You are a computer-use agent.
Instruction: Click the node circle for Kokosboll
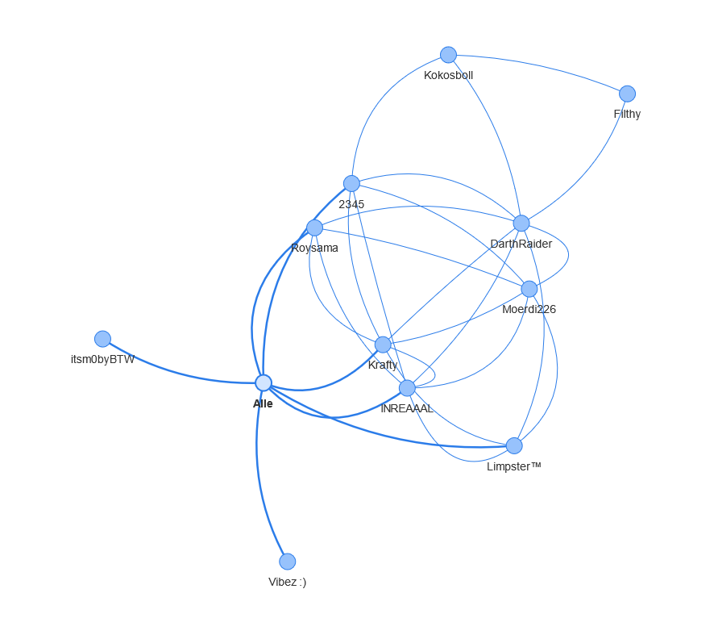[448, 55]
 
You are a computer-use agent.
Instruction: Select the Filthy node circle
[627, 94]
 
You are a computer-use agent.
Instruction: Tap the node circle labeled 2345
[351, 183]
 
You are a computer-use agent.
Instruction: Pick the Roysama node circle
[314, 228]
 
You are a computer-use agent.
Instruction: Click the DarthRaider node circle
[521, 224]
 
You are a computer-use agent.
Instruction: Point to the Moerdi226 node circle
[529, 289]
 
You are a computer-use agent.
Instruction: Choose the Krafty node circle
[383, 345]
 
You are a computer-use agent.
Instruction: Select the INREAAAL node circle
[407, 388]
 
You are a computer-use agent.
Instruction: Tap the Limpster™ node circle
[514, 445]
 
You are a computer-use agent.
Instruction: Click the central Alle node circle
[264, 382]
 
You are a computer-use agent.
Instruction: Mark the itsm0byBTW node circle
[102, 339]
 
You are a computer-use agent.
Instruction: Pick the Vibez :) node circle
[288, 562]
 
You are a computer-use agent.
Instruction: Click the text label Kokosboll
[448, 76]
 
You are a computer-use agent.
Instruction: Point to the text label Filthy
[627, 115]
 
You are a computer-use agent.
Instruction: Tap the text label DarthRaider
[521, 244]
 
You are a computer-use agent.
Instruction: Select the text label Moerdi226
[529, 310]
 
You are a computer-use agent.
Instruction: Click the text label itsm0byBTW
[102, 360]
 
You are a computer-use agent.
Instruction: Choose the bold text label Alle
[263, 404]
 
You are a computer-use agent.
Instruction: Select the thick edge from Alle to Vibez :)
[259, 476]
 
